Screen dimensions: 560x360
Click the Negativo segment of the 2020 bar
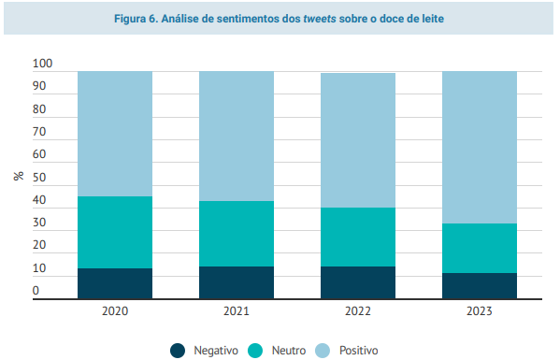115,283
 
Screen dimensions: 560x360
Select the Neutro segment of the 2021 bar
237,234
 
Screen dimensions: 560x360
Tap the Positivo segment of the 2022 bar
358,140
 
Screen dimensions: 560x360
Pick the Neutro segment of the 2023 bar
480,249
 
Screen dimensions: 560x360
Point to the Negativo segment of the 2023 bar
480,286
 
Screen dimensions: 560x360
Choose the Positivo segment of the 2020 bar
115,134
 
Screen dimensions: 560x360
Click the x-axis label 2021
237,311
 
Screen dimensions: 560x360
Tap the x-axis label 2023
480,311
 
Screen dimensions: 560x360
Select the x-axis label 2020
115,311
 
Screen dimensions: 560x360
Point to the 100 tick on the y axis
42,64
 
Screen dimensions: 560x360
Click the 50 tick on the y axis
39,178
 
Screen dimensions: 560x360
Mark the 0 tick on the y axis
36,291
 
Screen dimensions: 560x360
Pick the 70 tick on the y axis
39,132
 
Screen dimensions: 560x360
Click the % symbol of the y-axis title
19,176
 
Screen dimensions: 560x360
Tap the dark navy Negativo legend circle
178,351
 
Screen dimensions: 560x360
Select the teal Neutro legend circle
255,351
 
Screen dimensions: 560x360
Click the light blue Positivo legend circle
323,351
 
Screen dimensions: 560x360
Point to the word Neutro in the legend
289,351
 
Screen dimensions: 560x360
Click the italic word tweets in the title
320,19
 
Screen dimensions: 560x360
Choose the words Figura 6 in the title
136,19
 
